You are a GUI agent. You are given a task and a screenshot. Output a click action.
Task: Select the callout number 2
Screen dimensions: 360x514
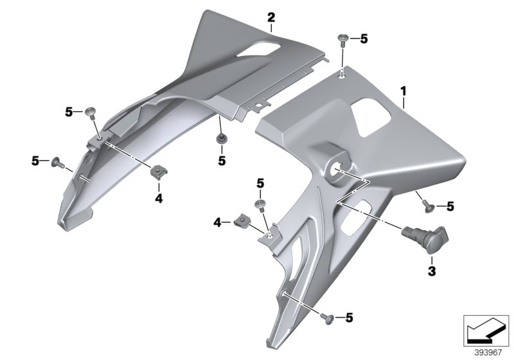tap(271, 17)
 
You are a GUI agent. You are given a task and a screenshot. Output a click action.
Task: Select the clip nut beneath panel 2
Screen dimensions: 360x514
tap(159, 172)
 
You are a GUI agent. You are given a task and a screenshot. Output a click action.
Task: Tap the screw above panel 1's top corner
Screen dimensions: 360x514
tap(342, 42)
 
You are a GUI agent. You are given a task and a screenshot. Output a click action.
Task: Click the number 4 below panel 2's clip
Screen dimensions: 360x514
tap(159, 199)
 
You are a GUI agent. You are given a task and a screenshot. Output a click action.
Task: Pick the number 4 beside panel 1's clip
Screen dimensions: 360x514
tap(218, 222)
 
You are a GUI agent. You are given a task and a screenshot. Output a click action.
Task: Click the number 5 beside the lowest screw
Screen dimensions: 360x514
tap(350, 318)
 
